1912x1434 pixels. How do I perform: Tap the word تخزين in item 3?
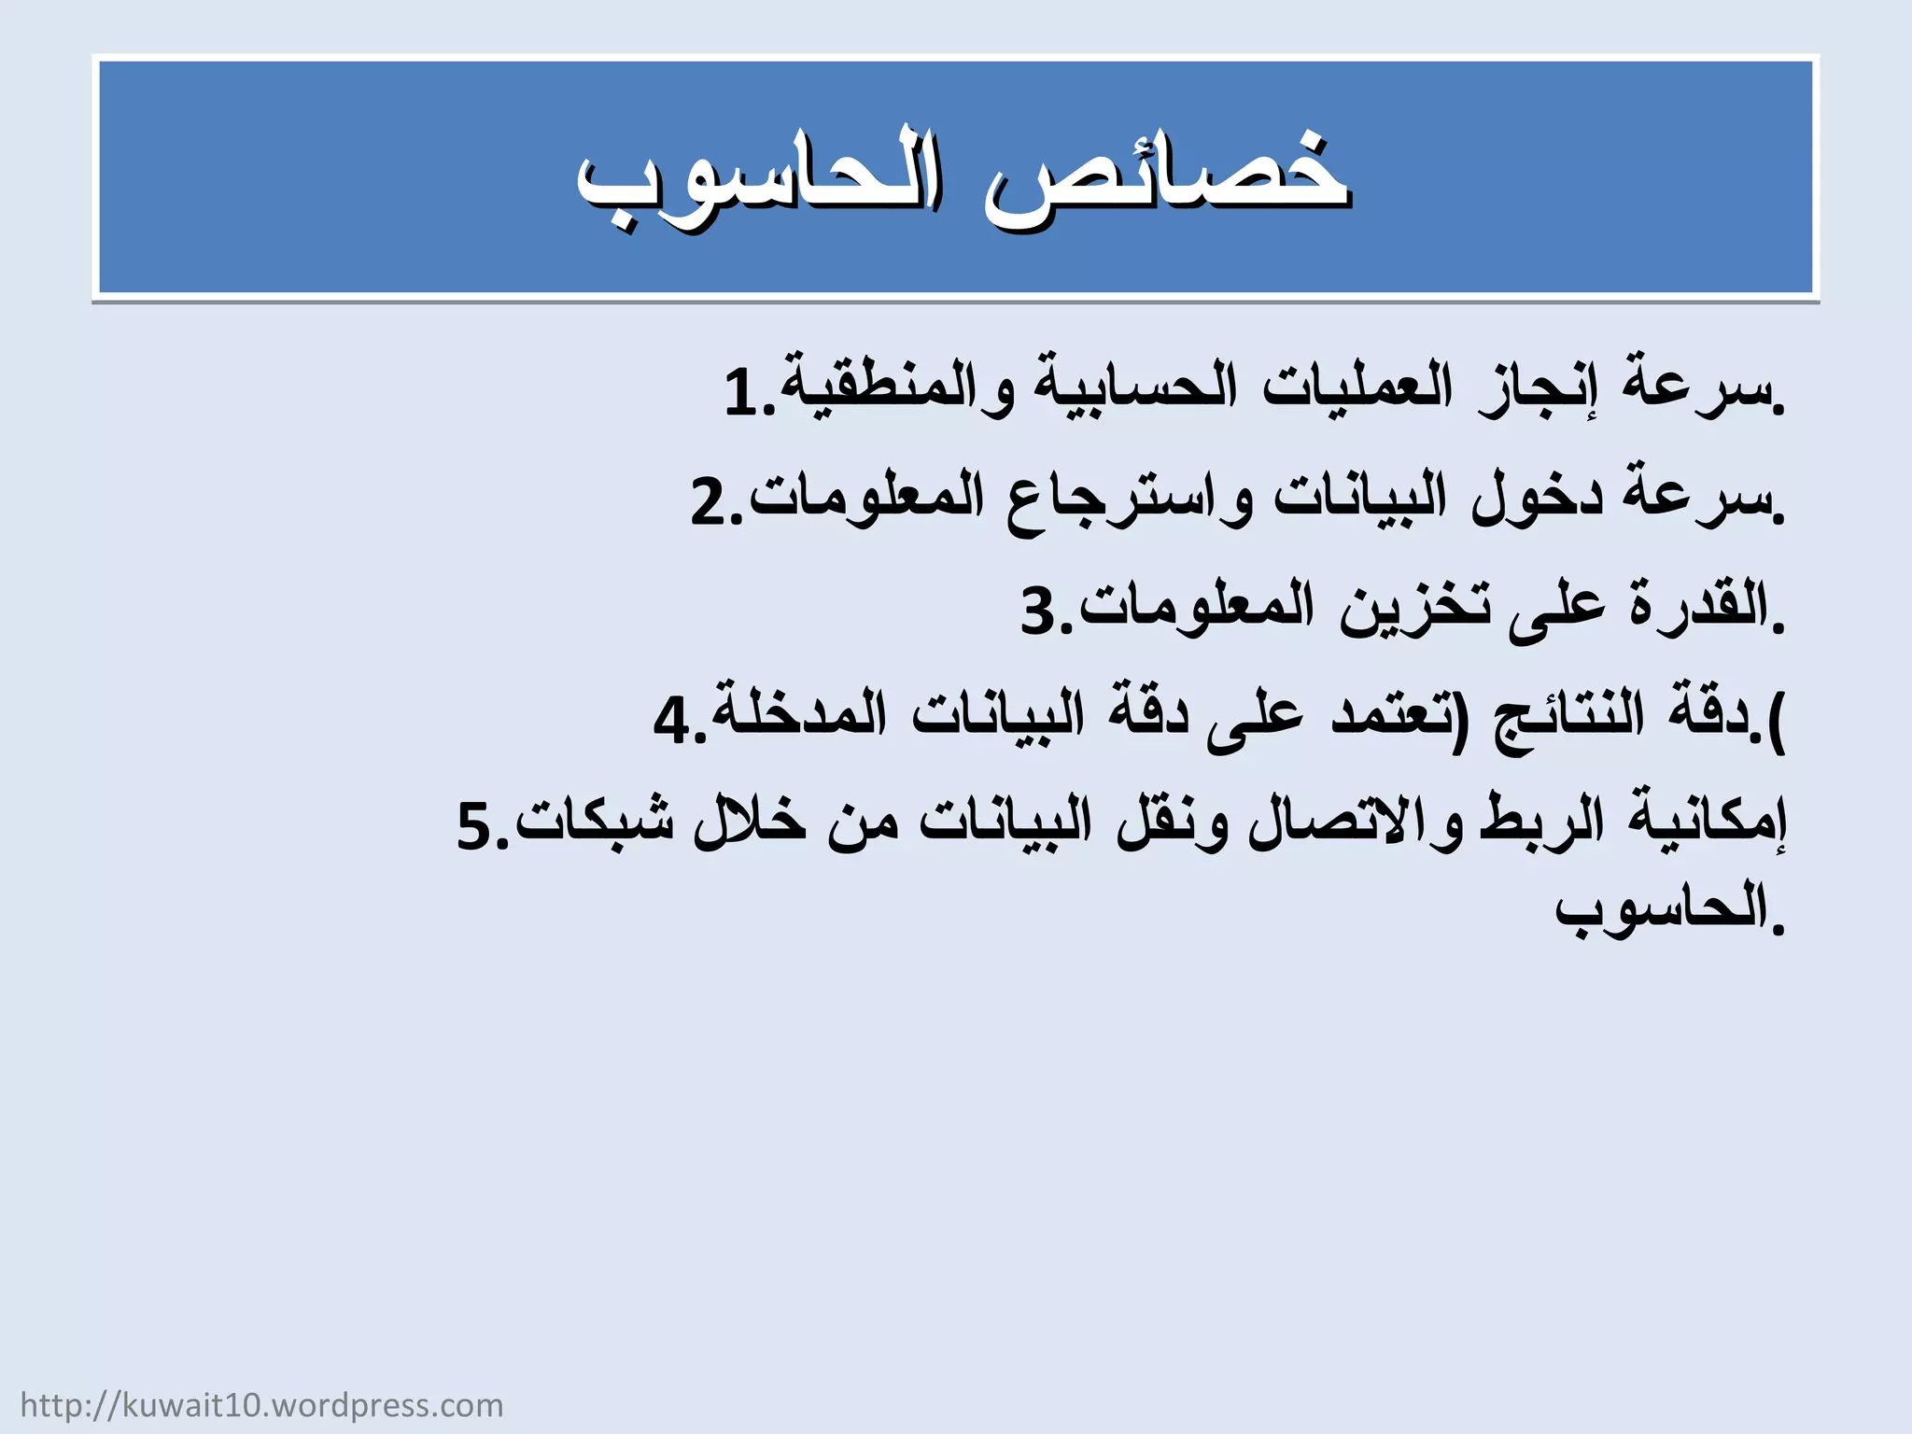coord(1415,607)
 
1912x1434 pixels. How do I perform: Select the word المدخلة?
coord(798,714)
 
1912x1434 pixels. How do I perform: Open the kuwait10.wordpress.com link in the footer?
coord(261,1405)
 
